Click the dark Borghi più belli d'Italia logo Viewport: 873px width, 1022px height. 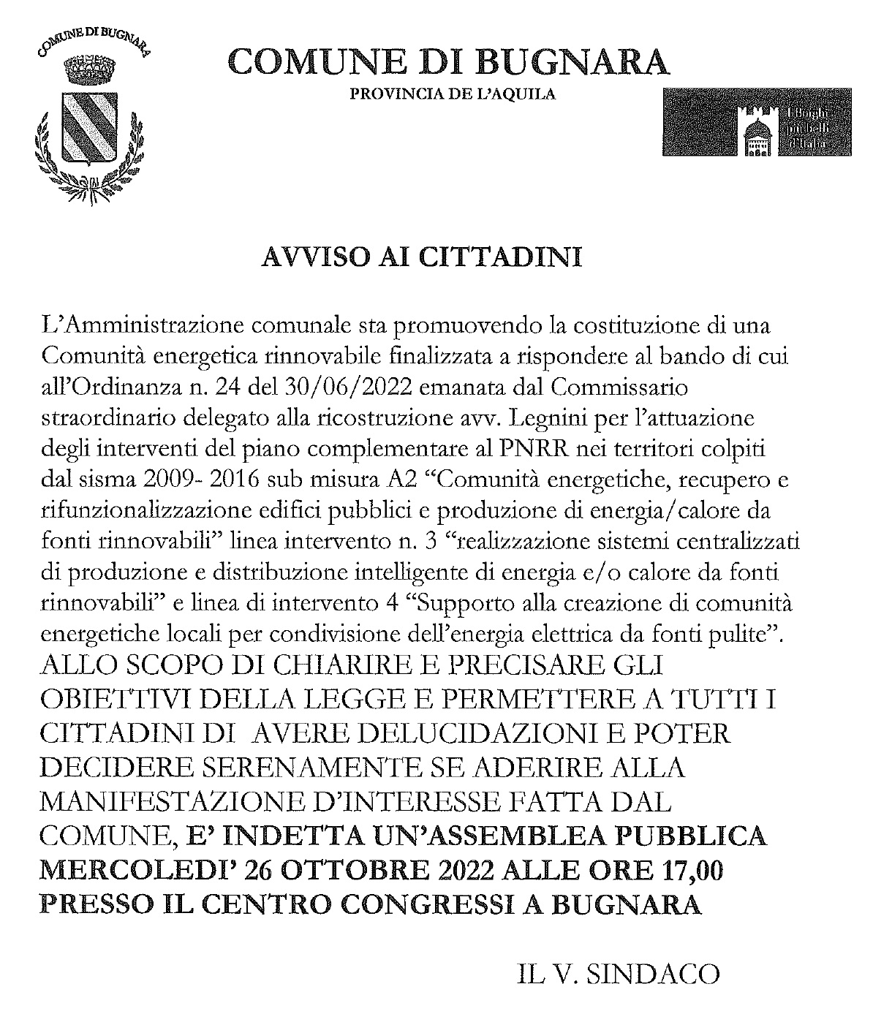(757, 121)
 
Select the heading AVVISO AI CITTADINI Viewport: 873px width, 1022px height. (422, 258)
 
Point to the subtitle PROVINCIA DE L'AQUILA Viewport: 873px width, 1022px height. (453, 94)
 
